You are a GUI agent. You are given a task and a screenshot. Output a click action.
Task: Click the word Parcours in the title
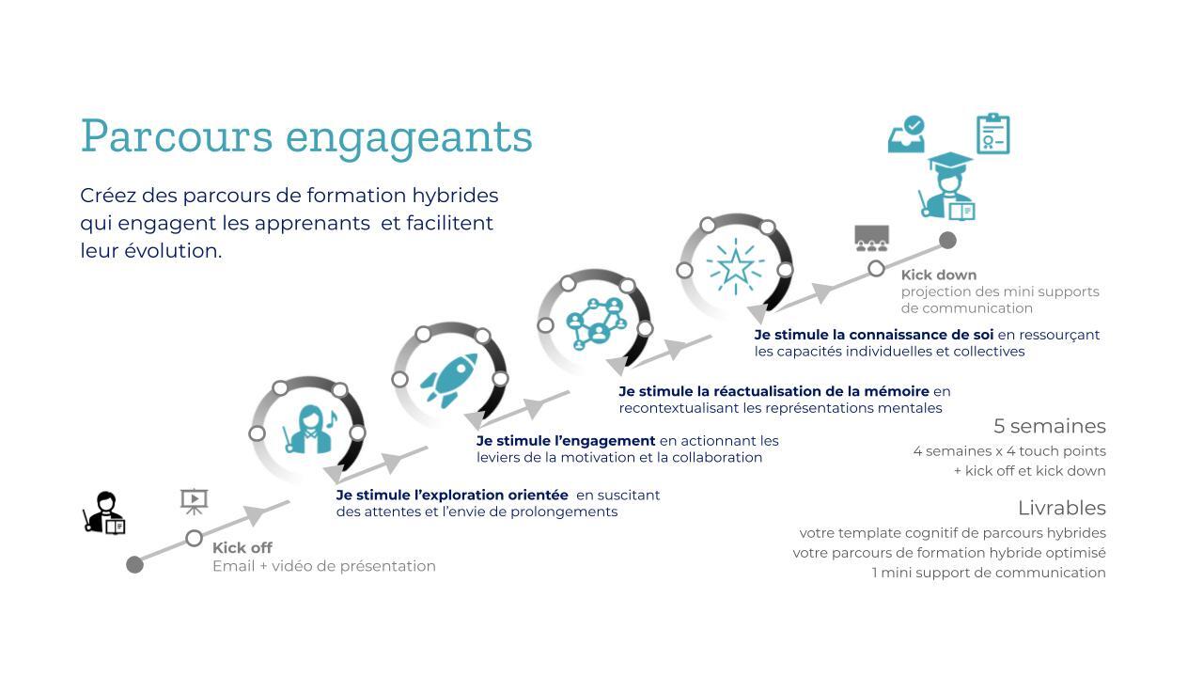pos(177,137)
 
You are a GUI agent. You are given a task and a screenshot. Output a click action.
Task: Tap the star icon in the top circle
pos(736,266)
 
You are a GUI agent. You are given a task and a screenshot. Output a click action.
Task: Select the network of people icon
pos(596,323)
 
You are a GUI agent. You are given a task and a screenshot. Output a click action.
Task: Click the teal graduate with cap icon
pos(946,186)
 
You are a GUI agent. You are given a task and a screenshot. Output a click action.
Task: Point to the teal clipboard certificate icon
pos(993,134)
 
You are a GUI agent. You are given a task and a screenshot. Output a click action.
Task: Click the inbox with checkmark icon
pos(906,134)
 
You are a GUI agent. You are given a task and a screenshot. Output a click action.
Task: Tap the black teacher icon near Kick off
pos(104,512)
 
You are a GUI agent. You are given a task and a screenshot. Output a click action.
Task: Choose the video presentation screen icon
pos(194,501)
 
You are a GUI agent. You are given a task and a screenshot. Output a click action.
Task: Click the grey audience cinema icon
pos(871,239)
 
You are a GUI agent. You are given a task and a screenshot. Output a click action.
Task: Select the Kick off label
pos(242,548)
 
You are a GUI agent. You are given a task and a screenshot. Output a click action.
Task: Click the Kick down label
pos(939,276)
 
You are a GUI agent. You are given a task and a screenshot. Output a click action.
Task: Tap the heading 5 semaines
pos(1050,426)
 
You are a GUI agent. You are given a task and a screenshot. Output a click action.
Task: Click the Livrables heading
pos(1062,508)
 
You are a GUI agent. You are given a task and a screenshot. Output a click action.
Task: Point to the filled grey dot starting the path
pos(134,565)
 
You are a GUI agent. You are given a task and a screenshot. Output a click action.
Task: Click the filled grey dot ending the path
pos(947,240)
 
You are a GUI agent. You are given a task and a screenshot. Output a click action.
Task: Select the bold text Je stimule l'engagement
pos(566,441)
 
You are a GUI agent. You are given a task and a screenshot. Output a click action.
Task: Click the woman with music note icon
pos(310,430)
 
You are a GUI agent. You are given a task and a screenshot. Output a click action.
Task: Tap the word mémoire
pos(897,391)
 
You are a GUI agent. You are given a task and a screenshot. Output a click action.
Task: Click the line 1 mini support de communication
pos(988,573)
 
